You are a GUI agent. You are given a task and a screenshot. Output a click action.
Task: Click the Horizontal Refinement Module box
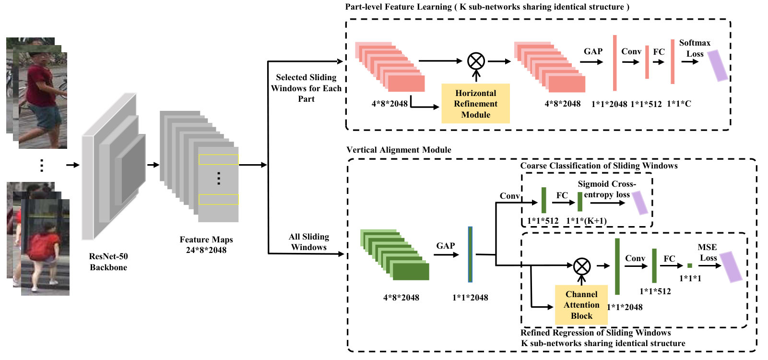tap(475, 103)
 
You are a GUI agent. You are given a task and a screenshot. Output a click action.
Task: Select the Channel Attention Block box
tap(581, 305)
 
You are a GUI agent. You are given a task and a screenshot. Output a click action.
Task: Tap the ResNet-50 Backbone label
tap(108, 262)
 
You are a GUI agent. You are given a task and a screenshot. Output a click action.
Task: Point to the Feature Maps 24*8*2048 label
tap(206, 245)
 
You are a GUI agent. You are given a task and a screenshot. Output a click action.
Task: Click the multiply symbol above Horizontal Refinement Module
tap(476, 61)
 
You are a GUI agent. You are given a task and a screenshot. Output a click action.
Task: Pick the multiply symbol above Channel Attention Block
tap(582, 266)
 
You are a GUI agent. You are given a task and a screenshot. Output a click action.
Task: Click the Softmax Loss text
tap(695, 48)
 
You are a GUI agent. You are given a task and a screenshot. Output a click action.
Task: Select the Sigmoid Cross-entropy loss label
tap(607, 189)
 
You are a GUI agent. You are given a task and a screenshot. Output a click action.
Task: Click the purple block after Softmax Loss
tap(718, 66)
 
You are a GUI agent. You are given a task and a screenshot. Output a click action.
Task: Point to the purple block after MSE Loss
tap(731, 267)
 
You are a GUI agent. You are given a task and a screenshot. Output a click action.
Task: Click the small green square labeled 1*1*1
tap(690, 265)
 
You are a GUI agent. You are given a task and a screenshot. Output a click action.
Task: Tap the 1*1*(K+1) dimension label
tap(586, 221)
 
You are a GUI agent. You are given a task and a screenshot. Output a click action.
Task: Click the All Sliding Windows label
tap(308, 242)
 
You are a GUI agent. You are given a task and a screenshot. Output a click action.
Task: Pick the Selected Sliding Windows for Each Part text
tap(306, 88)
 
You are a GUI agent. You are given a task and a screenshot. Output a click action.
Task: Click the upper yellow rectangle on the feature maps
tap(218, 159)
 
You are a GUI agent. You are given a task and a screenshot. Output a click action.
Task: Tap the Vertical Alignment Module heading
tap(399, 150)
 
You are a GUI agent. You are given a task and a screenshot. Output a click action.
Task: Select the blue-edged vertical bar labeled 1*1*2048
tap(470, 254)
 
